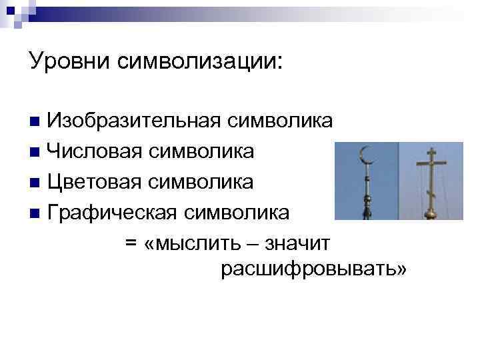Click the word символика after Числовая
(201, 151)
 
